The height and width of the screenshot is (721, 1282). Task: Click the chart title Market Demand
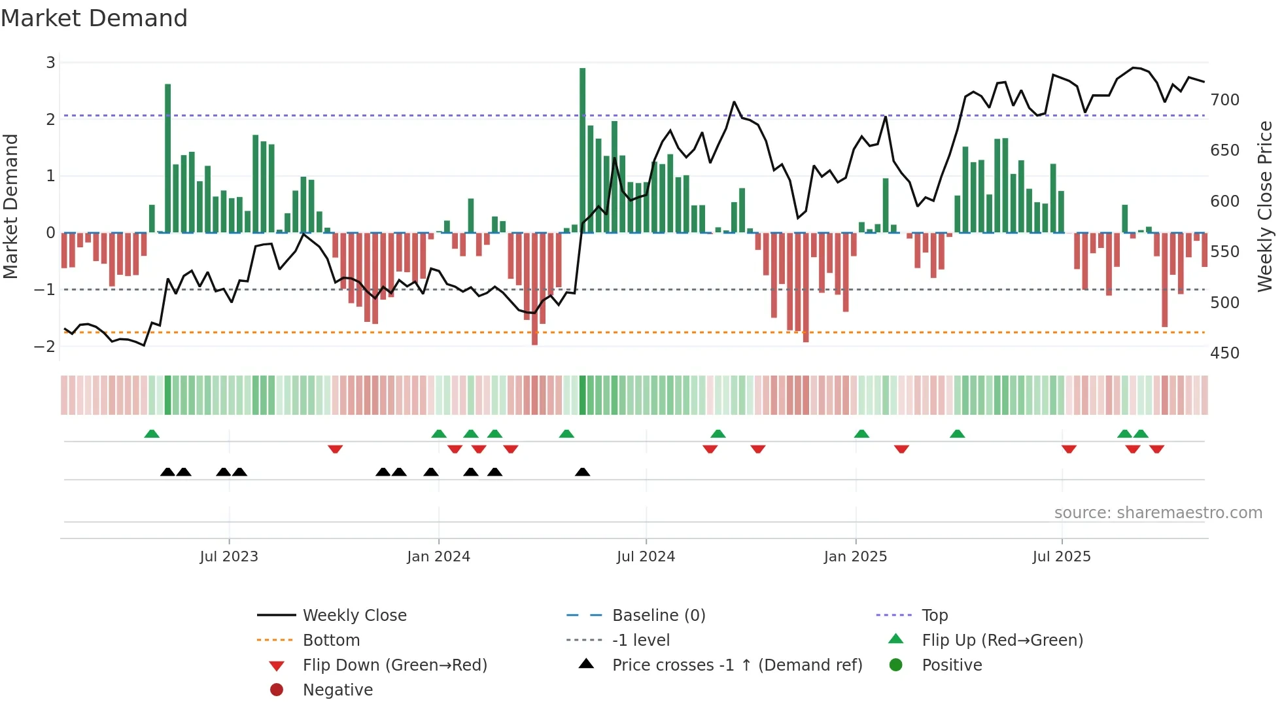click(x=94, y=18)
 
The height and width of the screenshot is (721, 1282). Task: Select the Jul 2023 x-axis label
click(x=229, y=557)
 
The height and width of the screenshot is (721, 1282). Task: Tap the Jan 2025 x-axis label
click(x=855, y=557)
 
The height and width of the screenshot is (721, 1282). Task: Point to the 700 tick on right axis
click(x=1224, y=100)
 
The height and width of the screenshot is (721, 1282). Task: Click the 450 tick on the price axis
click(x=1224, y=353)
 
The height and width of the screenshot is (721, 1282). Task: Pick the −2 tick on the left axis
click(x=45, y=346)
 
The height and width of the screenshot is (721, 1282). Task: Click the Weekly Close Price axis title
click(x=1265, y=206)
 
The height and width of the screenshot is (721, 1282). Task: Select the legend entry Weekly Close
click(x=354, y=616)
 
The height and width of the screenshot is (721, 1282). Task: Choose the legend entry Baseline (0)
click(x=658, y=616)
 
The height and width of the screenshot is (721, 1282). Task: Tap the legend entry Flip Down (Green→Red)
click(x=394, y=665)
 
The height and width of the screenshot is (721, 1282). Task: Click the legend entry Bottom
click(x=331, y=641)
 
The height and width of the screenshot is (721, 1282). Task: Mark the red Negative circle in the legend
click(x=277, y=690)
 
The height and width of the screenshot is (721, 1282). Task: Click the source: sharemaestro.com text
click(x=1158, y=513)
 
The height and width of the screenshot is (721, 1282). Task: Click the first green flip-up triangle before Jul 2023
click(x=152, y=434)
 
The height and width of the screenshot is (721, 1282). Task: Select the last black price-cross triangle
click(x=582, y=472)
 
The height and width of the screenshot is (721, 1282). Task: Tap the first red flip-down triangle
click(x=335, y=449)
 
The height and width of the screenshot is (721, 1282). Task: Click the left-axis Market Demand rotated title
click(x=10, y=206)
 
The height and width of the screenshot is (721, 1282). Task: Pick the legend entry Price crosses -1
click(x=736, y=665)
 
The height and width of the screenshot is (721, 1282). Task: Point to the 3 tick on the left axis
click(x=50, y=63)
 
